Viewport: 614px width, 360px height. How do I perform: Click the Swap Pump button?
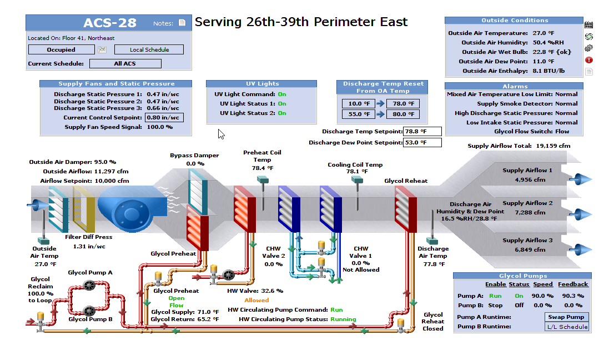(x=567, y=317)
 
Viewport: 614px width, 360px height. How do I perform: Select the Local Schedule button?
(x=149, y=50)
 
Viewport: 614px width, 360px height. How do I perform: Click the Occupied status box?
(x=61, y=50)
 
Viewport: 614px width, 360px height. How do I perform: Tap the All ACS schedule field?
(x=125, y=64)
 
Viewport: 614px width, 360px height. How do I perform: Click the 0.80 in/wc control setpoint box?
(x=164, y=118)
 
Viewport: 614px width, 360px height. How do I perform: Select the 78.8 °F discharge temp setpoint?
(x=422, y=132)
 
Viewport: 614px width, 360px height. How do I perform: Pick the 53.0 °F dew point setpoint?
(x=422, y=143)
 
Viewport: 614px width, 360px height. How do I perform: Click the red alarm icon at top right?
(x=589, y=60)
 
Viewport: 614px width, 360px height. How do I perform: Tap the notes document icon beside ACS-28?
(x=182, y=23)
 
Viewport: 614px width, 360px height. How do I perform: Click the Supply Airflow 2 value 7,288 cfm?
(x=527, y=213)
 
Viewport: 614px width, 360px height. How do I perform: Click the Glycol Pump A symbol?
(x=88, y=285)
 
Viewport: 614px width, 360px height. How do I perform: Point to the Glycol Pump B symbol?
(x=88, y=311)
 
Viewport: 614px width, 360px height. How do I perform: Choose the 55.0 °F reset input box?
(x=358, y=114)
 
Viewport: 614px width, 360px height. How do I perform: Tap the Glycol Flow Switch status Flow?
(x=562, y=132)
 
